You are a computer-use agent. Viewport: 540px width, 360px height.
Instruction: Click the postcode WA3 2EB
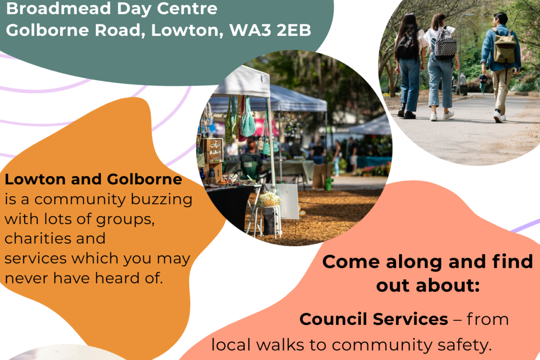[270, 30]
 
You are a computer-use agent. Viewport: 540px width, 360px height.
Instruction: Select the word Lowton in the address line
[187, 30]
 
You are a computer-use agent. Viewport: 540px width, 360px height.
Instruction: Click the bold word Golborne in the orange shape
[144, 179]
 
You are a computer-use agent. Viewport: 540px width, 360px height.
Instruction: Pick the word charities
[38, 238]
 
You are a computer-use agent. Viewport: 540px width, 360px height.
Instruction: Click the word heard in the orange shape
[117, 278]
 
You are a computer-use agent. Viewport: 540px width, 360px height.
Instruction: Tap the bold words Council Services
[373, 319]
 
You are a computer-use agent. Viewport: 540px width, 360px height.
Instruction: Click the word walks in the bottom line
[280, 345]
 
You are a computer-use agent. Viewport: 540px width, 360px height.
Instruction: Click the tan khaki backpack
[504, 46]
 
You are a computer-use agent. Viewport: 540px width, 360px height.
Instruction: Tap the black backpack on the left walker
[406, 45]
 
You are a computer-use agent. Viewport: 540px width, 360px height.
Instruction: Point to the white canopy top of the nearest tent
[243, 81]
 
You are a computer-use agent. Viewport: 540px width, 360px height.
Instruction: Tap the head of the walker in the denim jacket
[501, 19]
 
